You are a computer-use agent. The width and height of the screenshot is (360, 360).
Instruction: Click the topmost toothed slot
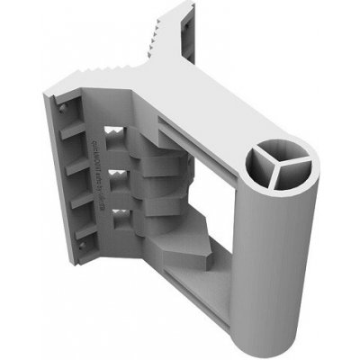pos(115,138)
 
